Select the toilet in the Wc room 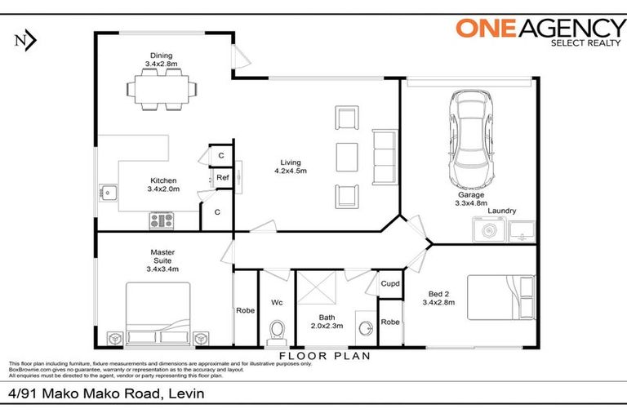[276, 331]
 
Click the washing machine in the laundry [487, 231]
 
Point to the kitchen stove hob [161, 220]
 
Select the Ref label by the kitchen [221, 177]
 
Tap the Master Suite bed [158, 313]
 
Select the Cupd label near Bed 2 [390, 284]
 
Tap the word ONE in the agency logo [484, 28]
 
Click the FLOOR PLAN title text [325, 356]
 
